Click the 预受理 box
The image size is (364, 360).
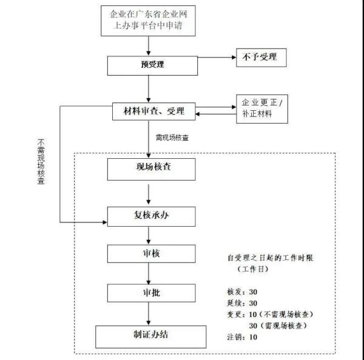149,64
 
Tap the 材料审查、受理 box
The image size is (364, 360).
149,112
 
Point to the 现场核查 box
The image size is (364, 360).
149,168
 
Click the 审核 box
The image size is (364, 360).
149,253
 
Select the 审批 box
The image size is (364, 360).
149,293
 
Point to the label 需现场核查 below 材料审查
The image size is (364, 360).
172,138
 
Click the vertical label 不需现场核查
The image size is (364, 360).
41,163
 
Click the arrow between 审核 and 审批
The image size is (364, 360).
149,273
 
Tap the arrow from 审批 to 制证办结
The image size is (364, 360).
149,314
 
